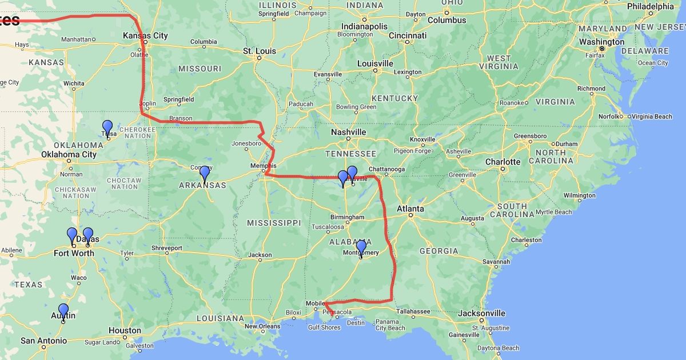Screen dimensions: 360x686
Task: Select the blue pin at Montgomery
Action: tap(361, 247)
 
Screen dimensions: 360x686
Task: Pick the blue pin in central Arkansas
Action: tap(205, 173)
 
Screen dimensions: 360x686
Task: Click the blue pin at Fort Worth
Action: tap(72, 235)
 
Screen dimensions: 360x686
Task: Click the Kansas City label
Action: tap(146, 35)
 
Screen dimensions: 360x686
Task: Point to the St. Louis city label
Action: tap(260, 51)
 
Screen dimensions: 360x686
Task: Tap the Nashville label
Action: tap(348, 132)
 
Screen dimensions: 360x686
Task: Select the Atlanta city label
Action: tap(410, 209)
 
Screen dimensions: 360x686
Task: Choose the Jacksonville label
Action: tap(481, 313)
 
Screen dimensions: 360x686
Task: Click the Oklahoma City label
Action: tap(69, 154)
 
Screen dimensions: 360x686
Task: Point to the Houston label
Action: tap(125, 330)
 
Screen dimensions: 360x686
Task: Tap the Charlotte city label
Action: tap(502, 162)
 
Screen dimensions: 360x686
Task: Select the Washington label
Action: tap(601, 42)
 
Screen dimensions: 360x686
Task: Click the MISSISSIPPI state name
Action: tap(273, 222)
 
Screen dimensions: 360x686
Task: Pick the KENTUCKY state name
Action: tap(394, 98)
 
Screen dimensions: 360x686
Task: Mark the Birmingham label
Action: tap(347, 217)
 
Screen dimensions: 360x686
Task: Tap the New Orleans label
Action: tap(263, 326)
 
